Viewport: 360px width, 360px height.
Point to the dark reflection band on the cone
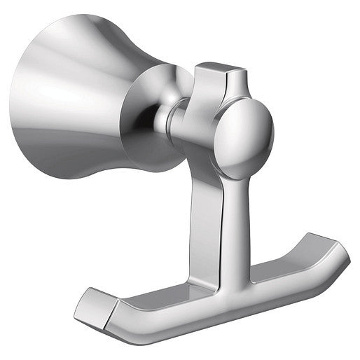click(77, 130)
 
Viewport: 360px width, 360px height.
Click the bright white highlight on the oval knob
click(238, 126)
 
